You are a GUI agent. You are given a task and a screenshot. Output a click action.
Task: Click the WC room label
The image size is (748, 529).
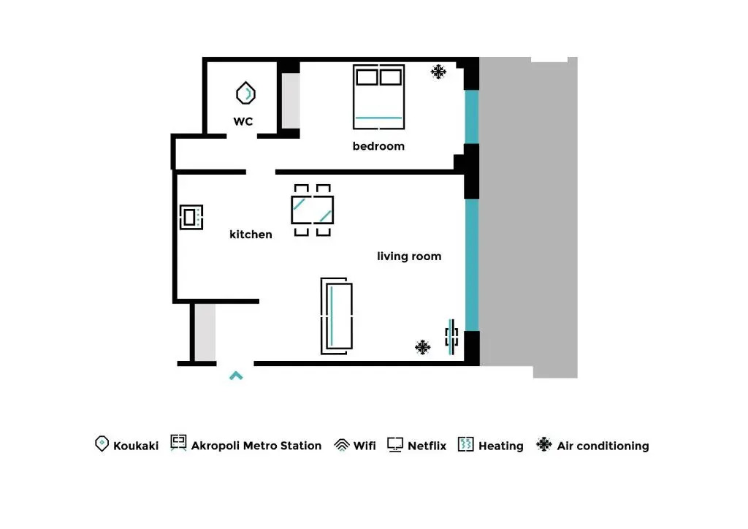243,121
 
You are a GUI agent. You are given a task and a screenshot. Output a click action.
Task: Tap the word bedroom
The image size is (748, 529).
378,146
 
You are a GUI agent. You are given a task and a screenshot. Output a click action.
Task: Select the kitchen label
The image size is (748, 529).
251,235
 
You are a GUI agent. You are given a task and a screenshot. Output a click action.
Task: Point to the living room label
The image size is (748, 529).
409,256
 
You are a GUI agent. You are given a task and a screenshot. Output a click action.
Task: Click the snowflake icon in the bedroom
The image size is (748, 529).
438,72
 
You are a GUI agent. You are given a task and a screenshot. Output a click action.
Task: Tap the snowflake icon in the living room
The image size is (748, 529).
422,347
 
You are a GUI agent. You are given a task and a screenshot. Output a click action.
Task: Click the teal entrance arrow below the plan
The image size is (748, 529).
236,376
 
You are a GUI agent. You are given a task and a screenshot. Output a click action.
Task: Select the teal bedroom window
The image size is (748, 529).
471,117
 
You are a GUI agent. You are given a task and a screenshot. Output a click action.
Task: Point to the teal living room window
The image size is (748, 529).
471,264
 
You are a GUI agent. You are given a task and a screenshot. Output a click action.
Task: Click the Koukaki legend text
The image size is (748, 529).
135,446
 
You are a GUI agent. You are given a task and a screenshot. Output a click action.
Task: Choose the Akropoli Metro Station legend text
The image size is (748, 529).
256,446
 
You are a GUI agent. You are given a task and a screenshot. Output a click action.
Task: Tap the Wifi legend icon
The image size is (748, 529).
342,444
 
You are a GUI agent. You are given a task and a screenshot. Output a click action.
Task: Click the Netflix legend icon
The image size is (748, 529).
395,444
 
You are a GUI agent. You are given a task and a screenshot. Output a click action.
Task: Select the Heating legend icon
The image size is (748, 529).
465,444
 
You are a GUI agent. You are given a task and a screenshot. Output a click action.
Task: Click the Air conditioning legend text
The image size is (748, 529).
603,446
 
